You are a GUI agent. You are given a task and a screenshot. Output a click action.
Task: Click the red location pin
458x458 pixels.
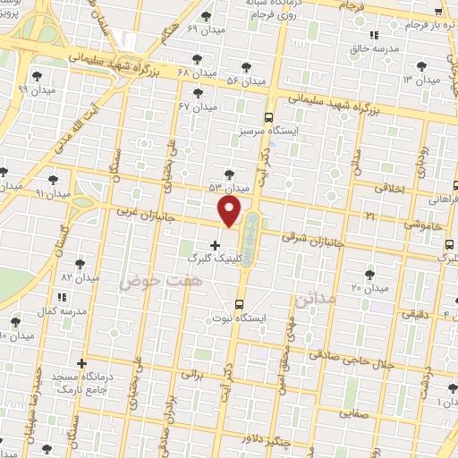click(x=230, y=211)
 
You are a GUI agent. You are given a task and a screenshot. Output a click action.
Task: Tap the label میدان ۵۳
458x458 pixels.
click(x=227, y=188)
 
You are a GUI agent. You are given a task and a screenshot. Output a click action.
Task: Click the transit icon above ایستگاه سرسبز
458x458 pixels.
click(x=269, y=117)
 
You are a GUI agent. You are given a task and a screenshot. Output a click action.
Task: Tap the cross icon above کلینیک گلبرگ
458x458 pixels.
click(x=214, y=244)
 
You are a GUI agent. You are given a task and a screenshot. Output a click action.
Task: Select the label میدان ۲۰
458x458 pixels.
click(x=369, y=288)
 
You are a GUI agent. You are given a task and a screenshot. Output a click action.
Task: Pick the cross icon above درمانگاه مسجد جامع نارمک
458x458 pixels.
click(x=82, y=364)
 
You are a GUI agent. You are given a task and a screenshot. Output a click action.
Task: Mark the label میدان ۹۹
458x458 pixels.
click(x=35, y=89)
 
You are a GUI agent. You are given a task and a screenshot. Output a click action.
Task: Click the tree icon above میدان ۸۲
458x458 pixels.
click(x=79, y=264)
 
